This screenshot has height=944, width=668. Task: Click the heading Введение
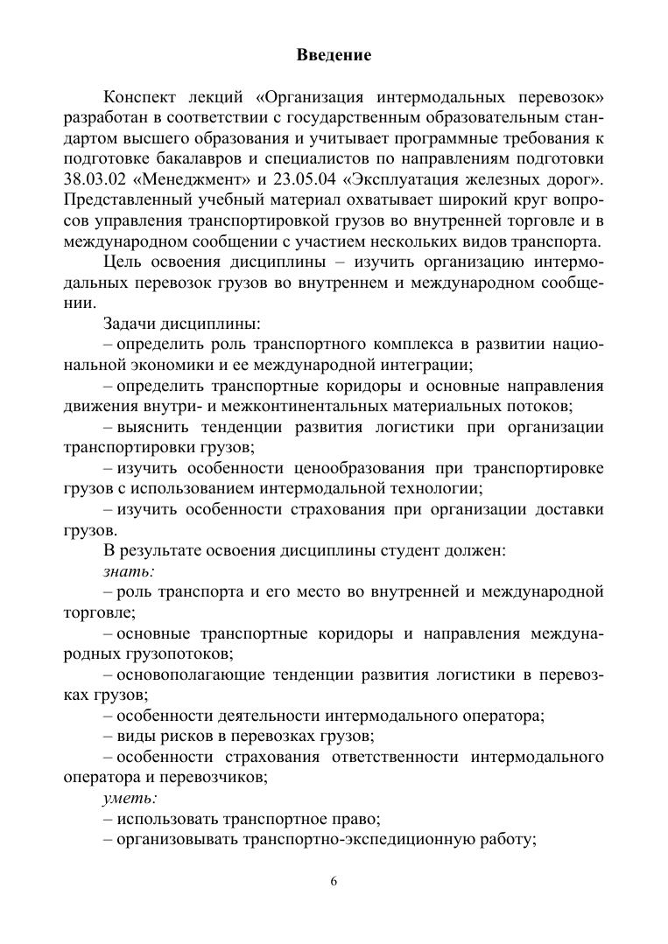[x=334, y=55]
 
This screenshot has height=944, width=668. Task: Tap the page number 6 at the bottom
[x=334, y=881]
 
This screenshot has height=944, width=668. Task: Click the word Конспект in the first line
[x=140, y=95]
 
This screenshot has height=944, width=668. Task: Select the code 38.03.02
[x=95, y=179]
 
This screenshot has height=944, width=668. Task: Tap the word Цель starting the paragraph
[x=122, y=263]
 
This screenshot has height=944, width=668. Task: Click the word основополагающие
[x=188, y=675]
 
